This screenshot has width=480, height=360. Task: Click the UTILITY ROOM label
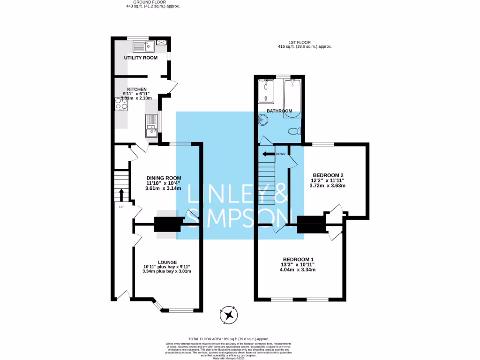click(x=140, y=58)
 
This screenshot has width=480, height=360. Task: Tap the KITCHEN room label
click(x=136, y=89)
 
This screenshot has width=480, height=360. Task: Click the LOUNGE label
click(x=167, y=262)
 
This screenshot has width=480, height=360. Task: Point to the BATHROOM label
click(x=279, y=111)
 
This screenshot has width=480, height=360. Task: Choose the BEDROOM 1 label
click(x=298, y=260)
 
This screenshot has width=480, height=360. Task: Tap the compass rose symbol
click(x=230, y=315)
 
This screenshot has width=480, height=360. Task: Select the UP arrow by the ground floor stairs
click(x=121, y=195)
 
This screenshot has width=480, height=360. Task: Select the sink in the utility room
click(x=143, y=46)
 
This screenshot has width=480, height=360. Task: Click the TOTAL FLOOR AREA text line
click(x=228, y=338)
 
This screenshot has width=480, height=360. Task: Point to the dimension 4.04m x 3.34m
click(x=298, y=270)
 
